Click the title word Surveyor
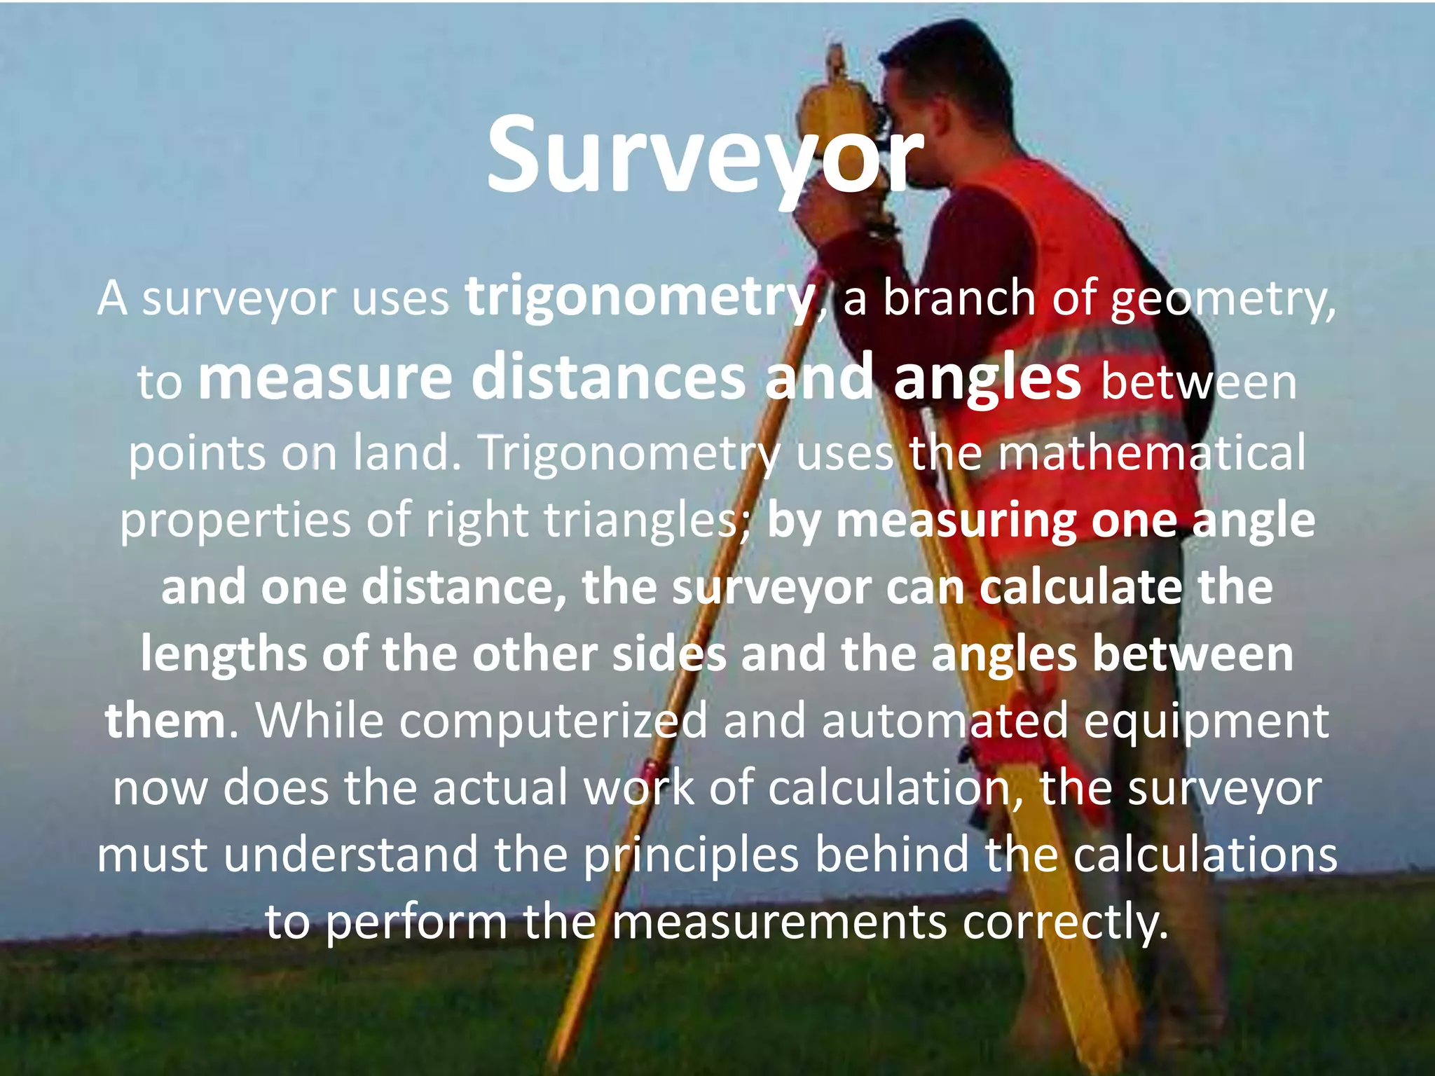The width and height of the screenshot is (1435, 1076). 705,156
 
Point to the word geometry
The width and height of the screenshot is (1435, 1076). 1223,300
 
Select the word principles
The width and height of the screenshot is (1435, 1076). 691,856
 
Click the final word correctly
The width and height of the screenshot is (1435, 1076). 1065,924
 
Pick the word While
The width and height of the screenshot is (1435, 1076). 319,721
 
